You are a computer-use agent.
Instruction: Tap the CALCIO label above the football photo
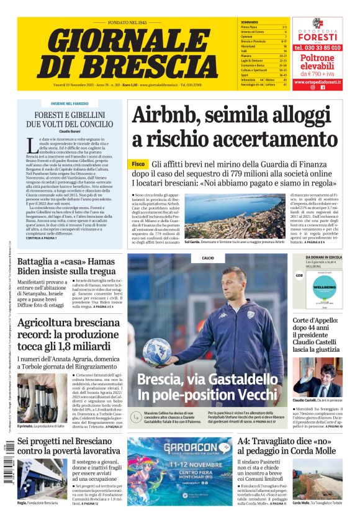pos(207,257)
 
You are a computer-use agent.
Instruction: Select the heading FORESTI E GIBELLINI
pos(60,115)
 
